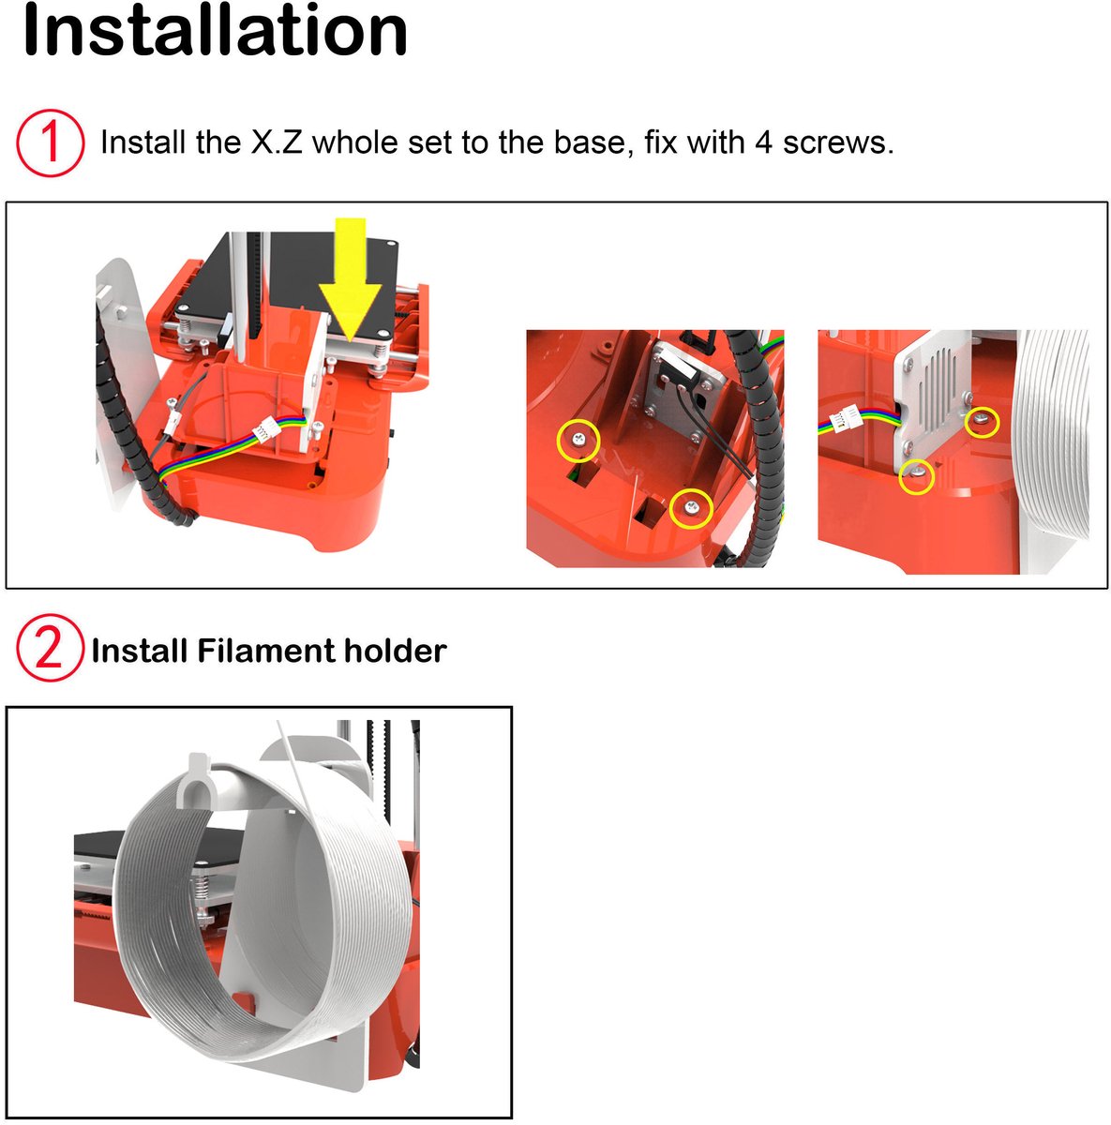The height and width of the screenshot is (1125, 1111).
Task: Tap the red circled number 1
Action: pos(51,142)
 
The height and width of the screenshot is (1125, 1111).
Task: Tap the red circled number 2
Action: pos(50,648)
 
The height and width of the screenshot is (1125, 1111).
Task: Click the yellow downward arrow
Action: pos(350,279)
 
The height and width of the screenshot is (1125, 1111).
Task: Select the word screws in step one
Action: pos(838,142)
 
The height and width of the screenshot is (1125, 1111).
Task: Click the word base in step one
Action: pos(593,142)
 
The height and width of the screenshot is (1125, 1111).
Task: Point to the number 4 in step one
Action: pos(763,142)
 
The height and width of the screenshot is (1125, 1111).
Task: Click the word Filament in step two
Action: pos(265,651)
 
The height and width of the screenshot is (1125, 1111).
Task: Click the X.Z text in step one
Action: pos(277,142)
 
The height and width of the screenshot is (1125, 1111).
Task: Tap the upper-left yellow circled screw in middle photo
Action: pos(578,441)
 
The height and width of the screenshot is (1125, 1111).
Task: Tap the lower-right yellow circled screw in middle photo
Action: pos(692,508)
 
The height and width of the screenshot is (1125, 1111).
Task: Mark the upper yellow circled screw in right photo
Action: pos(982,421)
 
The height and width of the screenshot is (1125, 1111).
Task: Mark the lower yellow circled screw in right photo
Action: pos(916,476)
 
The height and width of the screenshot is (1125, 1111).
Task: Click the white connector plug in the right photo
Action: pos(844,418)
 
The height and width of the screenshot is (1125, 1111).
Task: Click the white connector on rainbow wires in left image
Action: pos(265,431)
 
